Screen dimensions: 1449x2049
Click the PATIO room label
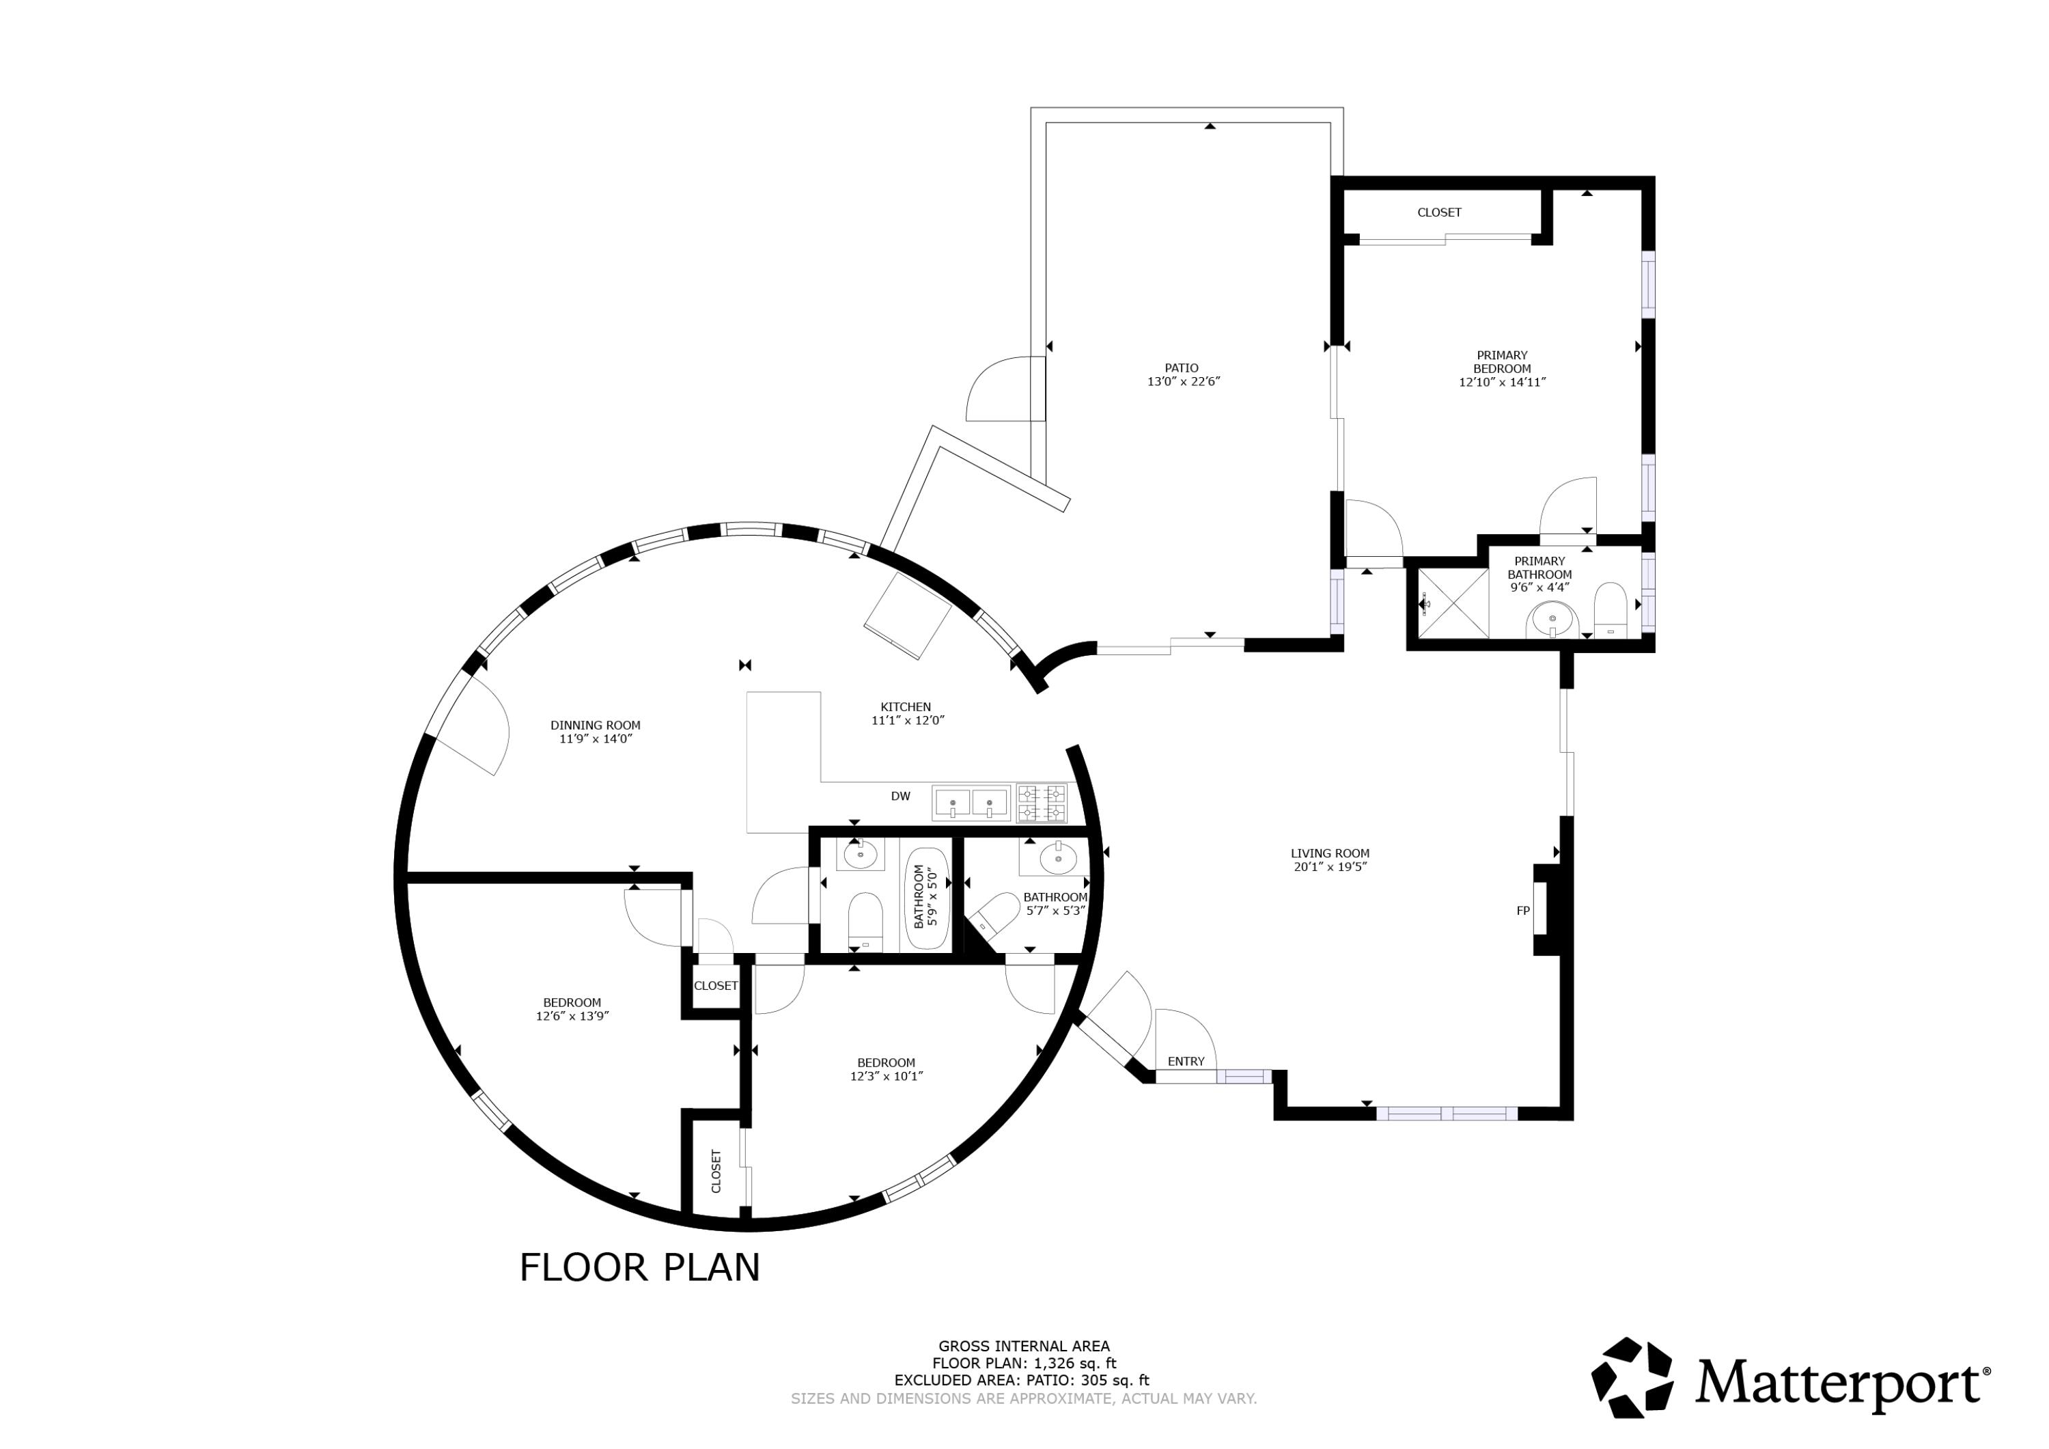point(1182,368)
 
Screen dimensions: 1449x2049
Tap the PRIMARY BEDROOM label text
point(1502,361)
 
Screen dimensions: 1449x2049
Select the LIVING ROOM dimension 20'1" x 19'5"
point(1330,867)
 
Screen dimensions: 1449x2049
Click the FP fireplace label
point(1523,911)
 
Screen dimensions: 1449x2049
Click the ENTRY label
point(1186,1062)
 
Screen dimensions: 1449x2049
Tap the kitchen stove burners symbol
point(1042,803)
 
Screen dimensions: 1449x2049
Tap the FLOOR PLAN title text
point(639,1268)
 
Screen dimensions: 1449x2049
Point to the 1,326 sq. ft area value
point(1074,1364)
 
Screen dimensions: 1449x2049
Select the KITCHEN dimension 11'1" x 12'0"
point(908,721)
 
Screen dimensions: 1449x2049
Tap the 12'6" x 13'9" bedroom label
point(572,1009)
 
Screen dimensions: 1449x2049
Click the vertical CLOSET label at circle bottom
point(716,1172)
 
